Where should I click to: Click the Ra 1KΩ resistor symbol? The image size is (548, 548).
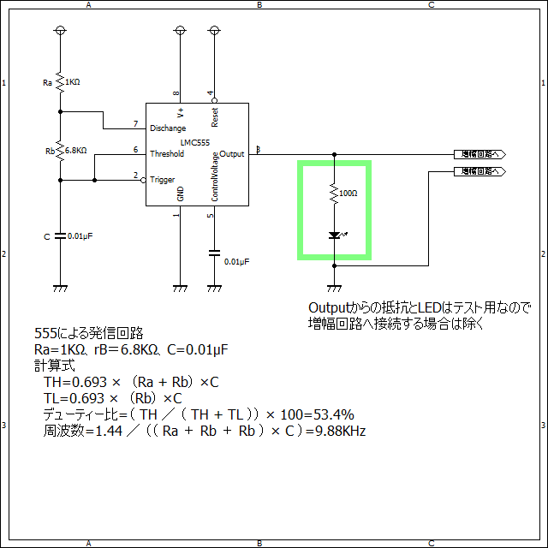60,82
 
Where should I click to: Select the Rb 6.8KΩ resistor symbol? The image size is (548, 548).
60,151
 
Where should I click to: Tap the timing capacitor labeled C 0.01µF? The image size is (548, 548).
60,235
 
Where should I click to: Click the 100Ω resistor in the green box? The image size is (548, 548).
334,194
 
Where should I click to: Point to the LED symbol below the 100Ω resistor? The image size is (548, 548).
334,235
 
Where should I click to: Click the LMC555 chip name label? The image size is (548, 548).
196,142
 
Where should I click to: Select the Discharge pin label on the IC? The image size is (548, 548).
168,128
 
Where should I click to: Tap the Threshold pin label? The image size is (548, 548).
167,154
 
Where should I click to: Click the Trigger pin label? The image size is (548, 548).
163,180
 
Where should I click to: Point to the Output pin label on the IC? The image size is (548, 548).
232,154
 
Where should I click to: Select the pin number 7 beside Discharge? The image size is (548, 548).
135,124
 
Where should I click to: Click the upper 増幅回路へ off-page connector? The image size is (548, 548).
479,154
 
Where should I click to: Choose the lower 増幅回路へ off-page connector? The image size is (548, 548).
479,171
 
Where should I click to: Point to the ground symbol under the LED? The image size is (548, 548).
334,289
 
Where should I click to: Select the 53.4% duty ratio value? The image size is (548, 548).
334,414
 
